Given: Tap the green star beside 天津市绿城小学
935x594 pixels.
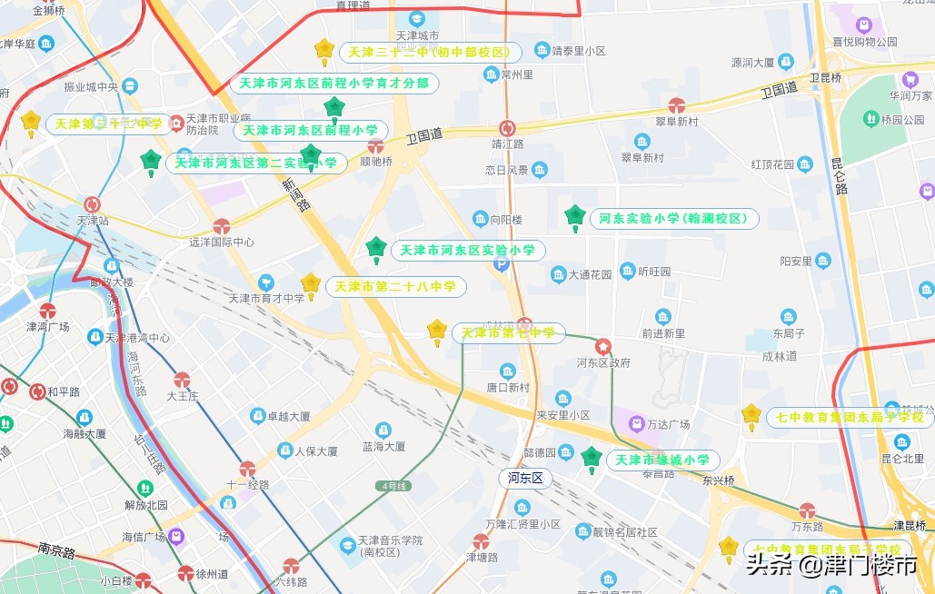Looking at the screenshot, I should tap(592, 458).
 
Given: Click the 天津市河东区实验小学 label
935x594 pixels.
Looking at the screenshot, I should tap(467, 250).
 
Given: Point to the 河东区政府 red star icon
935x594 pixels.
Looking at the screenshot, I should tap(602, 347).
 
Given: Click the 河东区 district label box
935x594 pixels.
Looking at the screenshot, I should tap(525, 478).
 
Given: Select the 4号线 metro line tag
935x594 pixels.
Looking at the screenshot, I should tap(393, 486).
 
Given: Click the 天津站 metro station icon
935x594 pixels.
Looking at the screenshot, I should tap(93, 204).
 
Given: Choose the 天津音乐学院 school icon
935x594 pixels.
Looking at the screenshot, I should tap(347, 546).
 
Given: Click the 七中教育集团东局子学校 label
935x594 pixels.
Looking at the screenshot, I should tap(850, 418).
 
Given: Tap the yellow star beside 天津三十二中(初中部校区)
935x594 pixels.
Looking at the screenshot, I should tap(323, 49).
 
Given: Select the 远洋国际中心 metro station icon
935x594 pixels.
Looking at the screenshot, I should tap(222, 226).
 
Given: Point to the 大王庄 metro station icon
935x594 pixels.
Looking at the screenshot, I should tap(182, 380).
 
